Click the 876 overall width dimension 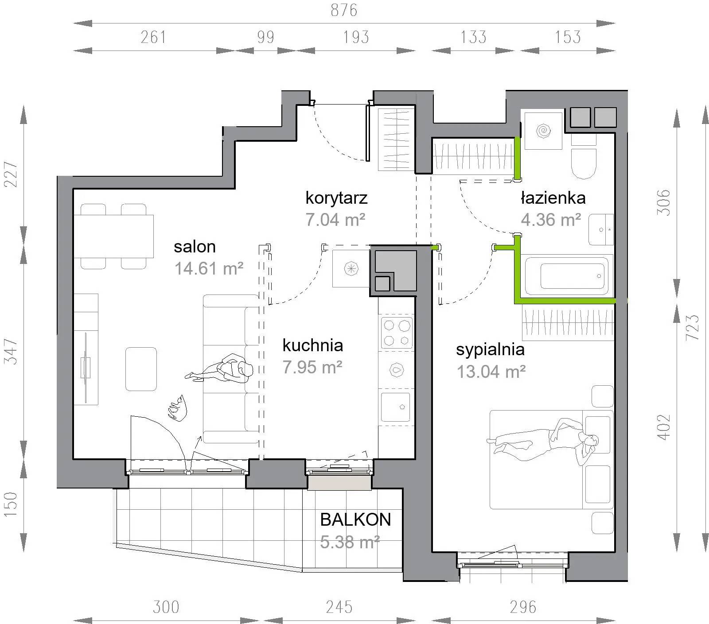344,10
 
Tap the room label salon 195,247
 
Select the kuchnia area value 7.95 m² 312,367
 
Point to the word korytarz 337,198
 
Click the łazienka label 553,198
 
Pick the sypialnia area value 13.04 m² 491,372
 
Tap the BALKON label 355,519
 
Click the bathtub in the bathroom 567,276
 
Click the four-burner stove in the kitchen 396,333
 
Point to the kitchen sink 396,407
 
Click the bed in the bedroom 551,459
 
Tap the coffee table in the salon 141,369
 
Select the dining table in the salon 113,236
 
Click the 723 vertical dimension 693,327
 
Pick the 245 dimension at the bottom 339,607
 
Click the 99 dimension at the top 265,37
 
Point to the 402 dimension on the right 663,427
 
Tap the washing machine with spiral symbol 543,131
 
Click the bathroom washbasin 601,229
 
